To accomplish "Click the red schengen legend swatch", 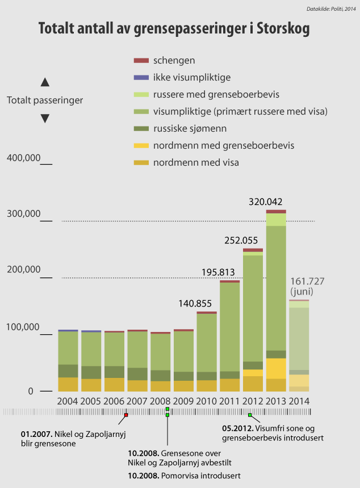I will [141, 60].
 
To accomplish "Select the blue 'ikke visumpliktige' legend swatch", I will [141, 77].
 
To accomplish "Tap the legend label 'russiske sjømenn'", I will [190, 128].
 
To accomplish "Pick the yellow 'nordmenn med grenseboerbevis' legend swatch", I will [141, 146].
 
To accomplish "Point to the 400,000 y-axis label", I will [23, 157].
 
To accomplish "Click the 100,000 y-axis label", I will [23, 327].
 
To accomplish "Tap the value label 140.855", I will [195, 303].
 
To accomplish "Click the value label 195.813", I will [219, 272].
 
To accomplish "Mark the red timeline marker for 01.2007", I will [126, 415].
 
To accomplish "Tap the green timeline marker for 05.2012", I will [250, 415].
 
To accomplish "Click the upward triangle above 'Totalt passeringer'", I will [45, 82].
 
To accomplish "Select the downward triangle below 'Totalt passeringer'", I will [45, 119].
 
